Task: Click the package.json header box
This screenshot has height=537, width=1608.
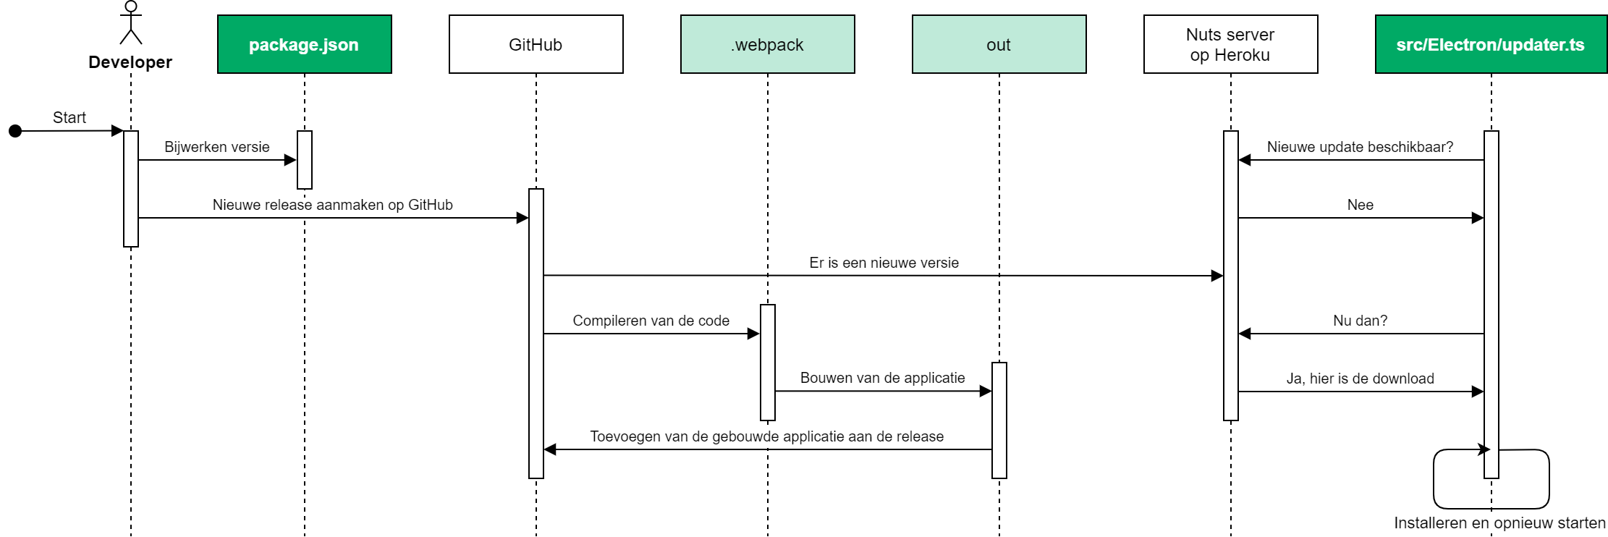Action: tap(305, 44)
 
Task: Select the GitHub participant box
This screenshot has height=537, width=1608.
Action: tap(536, 44)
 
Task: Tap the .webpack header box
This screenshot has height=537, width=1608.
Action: tap(768, 44)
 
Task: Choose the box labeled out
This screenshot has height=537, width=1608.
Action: tap(999, 44)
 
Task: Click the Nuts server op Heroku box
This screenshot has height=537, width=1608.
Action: tap(1231, 44)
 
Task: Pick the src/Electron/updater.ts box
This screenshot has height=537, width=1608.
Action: tap(1491, 44)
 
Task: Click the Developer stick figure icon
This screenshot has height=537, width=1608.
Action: tap(131, 22)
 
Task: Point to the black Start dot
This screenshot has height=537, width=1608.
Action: tap(15, 131)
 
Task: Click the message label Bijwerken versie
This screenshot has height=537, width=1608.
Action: tap(217, 147)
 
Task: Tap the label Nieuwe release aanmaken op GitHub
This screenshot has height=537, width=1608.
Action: tap(333, 205)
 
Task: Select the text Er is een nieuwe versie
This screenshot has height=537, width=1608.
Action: tap(884, 263)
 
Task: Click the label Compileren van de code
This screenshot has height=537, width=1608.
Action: tap(651, 321)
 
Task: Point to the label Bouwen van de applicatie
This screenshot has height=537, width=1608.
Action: tap(883, 378)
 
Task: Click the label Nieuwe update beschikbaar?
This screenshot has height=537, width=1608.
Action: tap(1361, 147)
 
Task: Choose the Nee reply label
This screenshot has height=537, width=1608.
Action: tap(1361, 205)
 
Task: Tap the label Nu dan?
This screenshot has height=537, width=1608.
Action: tap(1361, 321)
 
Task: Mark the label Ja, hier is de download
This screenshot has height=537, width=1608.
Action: tap(1361, 379)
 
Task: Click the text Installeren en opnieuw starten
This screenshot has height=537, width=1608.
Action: tap(1500, 523)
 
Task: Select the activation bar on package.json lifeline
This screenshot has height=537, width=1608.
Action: tap(305, 160)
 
